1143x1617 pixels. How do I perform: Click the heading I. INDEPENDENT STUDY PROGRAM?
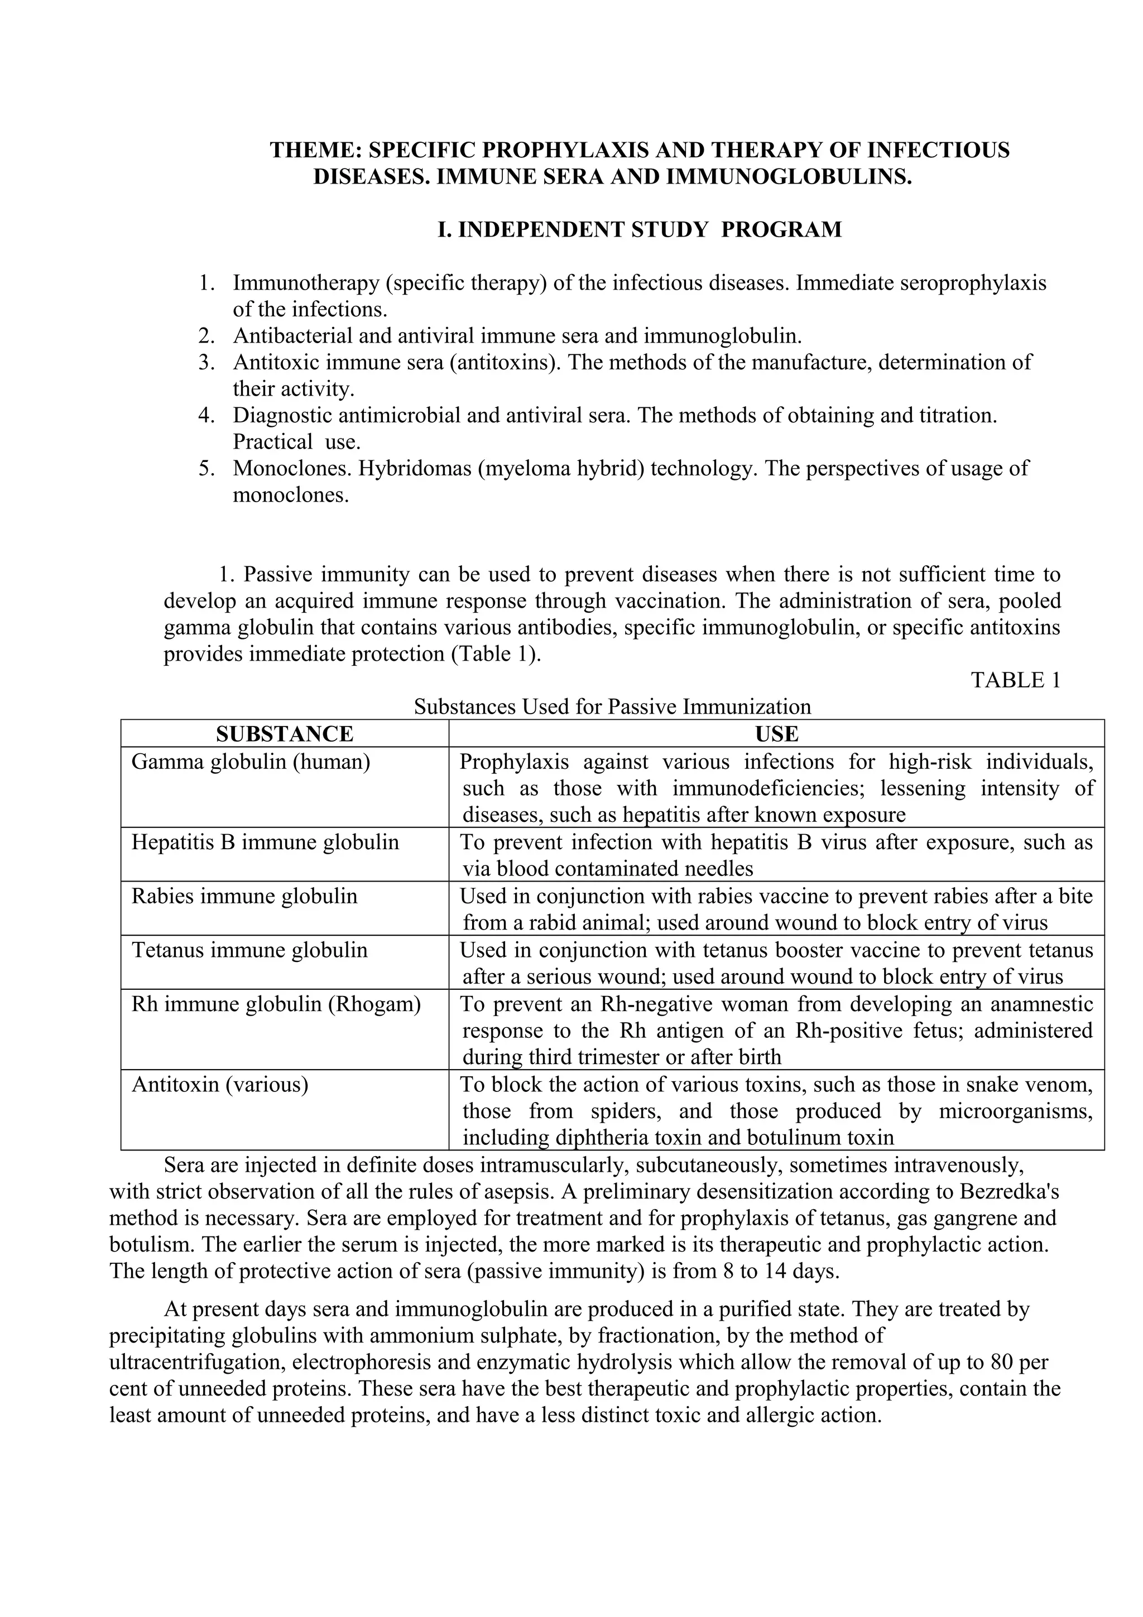tap(640, 229)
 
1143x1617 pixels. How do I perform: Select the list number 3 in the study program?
tap(205, 363)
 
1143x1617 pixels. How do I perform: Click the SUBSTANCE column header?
tap(285, 734)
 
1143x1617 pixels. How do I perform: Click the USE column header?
tap(776, 734)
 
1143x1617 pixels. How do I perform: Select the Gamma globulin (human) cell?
tap(251, 762)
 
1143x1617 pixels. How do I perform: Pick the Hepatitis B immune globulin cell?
tap(265, 843)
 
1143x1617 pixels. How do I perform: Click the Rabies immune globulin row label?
tap(244, 897)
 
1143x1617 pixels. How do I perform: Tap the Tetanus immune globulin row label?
tap(249, 950)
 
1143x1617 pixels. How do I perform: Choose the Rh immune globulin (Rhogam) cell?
tap(276, 1004)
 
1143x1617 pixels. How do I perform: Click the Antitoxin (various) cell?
tap(220, 1085)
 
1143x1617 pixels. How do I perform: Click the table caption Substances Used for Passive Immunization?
tap(612, 706)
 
